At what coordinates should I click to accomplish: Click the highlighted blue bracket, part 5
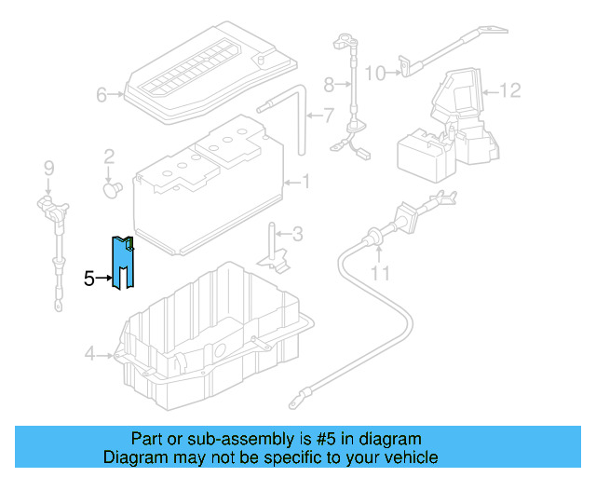122,264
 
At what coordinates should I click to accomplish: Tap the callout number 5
88,278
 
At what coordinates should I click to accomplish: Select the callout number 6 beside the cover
102,94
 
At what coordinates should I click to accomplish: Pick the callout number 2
109,156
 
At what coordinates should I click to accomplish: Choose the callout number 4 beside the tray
89,353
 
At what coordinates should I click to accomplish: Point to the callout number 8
328,85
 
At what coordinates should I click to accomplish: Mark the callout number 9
49,168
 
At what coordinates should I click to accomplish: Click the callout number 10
374,72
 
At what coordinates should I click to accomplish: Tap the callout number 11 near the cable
379,273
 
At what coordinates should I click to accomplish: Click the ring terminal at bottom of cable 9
59,302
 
